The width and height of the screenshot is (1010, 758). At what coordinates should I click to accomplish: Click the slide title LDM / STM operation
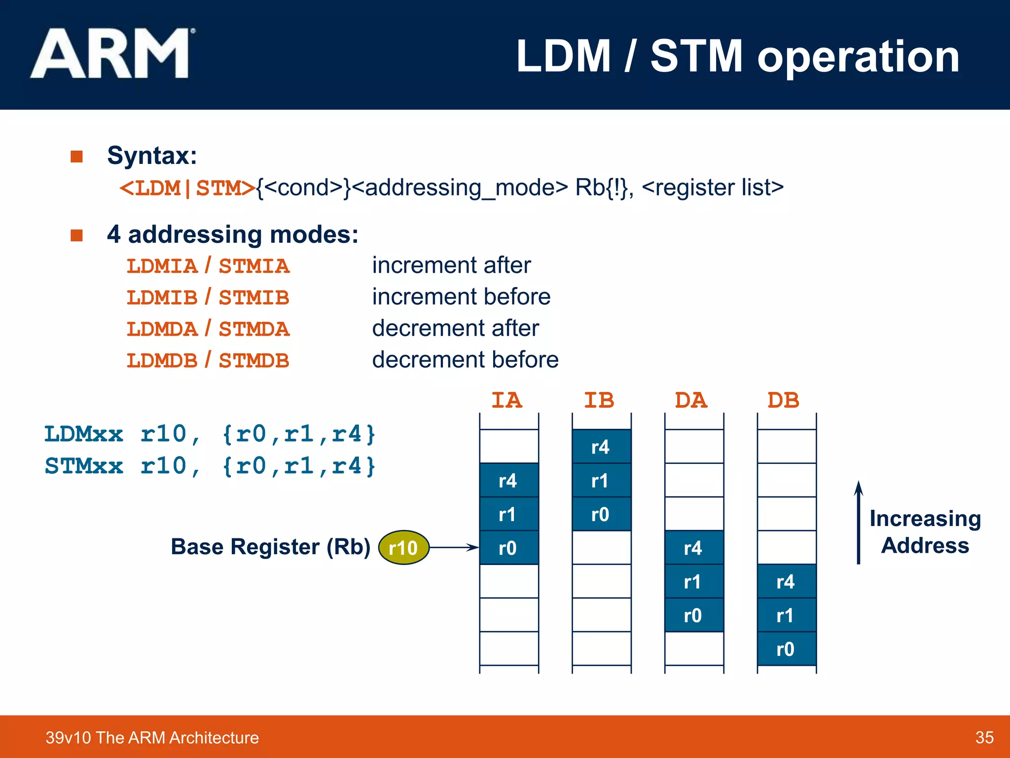point(737,56)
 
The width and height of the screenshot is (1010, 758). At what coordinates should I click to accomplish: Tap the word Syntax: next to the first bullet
point(152,156)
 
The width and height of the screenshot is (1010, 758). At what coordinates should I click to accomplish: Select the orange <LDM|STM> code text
point(187,188)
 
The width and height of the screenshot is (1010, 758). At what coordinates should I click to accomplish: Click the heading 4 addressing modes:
point(232,234)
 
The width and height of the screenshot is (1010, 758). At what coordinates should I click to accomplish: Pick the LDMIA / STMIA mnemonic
point(208,266)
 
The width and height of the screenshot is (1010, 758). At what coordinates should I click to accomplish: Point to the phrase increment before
point(461,297)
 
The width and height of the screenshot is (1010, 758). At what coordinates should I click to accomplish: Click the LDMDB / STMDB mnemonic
point(208,361)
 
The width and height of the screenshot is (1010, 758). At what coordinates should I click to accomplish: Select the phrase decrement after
point(455,329)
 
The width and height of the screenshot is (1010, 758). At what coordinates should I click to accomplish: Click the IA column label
point(506,400)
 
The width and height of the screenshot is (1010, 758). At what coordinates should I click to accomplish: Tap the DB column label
point(783,400)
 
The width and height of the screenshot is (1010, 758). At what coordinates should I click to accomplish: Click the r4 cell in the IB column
point(601,447)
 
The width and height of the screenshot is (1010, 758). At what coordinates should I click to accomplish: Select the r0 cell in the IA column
point(508,548)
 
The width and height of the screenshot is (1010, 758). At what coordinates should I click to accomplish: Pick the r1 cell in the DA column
point(693,581)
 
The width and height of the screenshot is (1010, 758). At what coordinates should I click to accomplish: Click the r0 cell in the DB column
point(786,649)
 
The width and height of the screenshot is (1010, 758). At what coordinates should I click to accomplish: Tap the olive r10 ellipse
point(403,548)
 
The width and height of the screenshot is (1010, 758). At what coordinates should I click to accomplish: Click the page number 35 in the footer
point(984,737)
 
